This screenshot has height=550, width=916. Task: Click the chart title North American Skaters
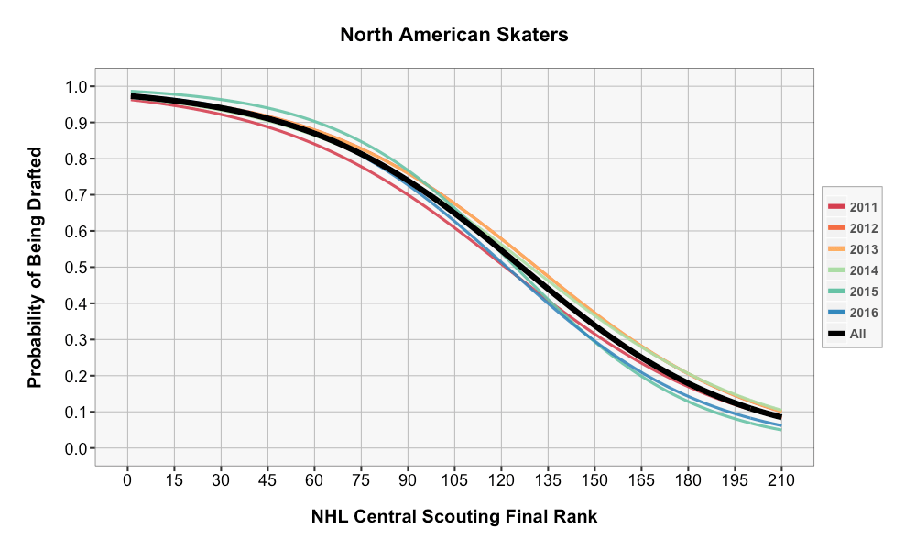click(454, 35)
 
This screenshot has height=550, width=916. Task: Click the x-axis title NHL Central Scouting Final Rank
click(454, 517)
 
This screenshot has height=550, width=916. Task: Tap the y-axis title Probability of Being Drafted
click(35, 267)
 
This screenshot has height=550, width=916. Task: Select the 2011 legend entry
click(853, 207)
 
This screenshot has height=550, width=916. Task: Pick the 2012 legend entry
click(853, 228)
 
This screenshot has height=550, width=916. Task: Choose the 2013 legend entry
click(853, 249)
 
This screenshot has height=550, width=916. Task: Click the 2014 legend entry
click(853, 270)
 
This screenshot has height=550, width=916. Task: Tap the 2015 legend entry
click(853, 291)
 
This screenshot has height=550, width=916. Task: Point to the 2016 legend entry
click(853, 313)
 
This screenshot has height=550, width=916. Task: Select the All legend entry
click(848, 334)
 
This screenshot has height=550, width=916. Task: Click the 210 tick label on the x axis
click(781, 479)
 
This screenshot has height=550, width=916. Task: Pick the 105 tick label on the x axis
click(454, 479)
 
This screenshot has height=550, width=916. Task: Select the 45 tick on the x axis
click(267, 479)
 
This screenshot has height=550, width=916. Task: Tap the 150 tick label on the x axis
click(594, 479)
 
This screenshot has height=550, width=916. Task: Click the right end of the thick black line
click(780, 417)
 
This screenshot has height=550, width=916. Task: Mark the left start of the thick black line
click(132, 96)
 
